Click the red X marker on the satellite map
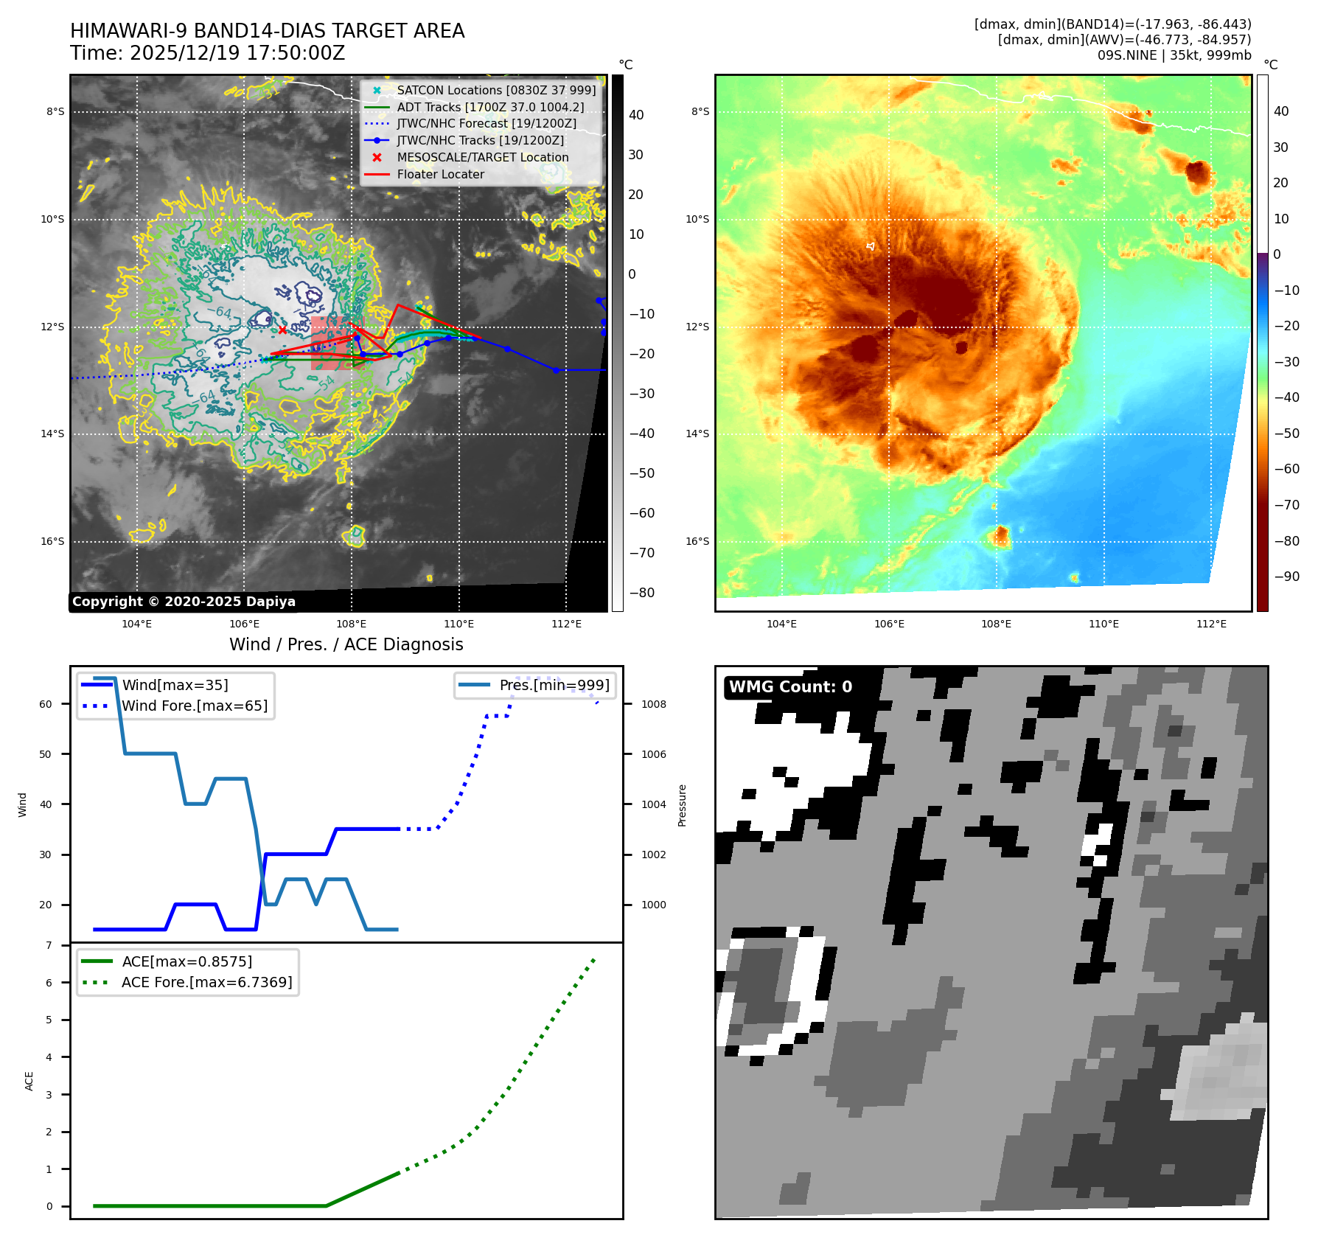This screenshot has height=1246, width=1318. pos(282,330)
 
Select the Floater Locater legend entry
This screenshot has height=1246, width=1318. pos(440,175)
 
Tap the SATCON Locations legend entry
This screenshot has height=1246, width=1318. pos(496,91)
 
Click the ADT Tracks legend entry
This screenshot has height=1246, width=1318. pos(490,108)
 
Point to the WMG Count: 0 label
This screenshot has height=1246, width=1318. pos(790,687)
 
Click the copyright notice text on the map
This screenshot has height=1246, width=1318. pos(184,602)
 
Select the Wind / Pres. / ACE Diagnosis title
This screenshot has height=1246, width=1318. pos(346,644)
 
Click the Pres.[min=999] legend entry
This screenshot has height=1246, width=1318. pos(554,686)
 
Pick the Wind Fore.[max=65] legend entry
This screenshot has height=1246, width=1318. pos(195,706)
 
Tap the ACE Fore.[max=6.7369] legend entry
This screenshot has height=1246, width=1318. pos(206,983)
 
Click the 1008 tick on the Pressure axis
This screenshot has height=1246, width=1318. pos(653,705)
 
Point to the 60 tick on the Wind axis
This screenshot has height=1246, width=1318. pos(46,705)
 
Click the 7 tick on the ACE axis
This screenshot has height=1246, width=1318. pos(49,946)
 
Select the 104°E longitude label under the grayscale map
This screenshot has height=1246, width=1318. pos(137,624)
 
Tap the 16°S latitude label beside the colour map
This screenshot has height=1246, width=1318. pos(697,542)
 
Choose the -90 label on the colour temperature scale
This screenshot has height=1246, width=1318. pos(1286,577)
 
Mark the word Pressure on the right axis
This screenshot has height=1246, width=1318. pos(682,805)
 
